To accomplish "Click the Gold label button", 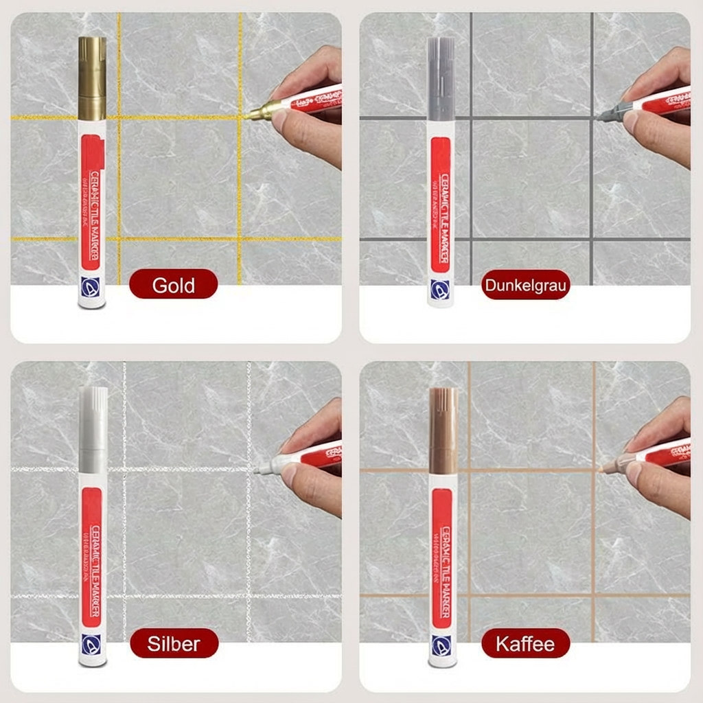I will pyautogui.click(x=173, y=284).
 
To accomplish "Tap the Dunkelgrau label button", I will pyautogui.click(x=526, y=285).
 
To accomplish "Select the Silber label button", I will pyautogui.click(x=174, y=643).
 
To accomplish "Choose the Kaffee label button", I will pyautogui.click(x=525, y=643).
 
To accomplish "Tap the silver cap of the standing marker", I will pyautogui.click(x=92, y=428).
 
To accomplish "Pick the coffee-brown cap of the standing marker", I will pyautogui.click(x=443, y=429).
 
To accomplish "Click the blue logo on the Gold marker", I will pyautogui.click(x=91, y=286).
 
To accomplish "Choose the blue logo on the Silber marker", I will pyautogui.click(x=91, y=643).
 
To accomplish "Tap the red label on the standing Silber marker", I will pyautogui.click(x=91, y=556).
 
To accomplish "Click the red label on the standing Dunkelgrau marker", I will pyautogui.click(x=441, y=205).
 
